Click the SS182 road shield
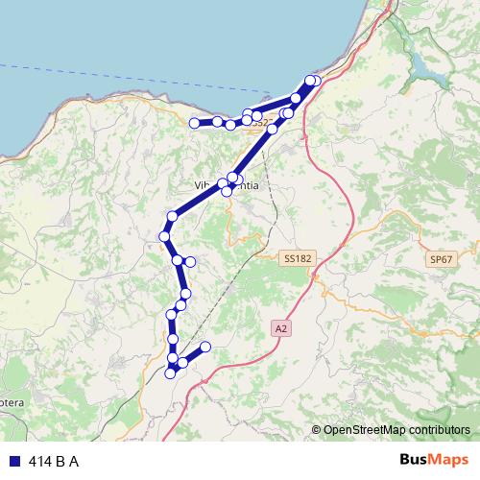[299, 258]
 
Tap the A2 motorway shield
[280, 327]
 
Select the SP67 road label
[440, 259]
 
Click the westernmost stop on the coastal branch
[194, 123]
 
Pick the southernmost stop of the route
[171, 372]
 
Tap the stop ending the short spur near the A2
[205, 348]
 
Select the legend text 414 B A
[54, 461]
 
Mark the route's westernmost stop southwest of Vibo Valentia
[164, 235]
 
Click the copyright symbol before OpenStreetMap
[316, 430]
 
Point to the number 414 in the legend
[40, 461]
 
